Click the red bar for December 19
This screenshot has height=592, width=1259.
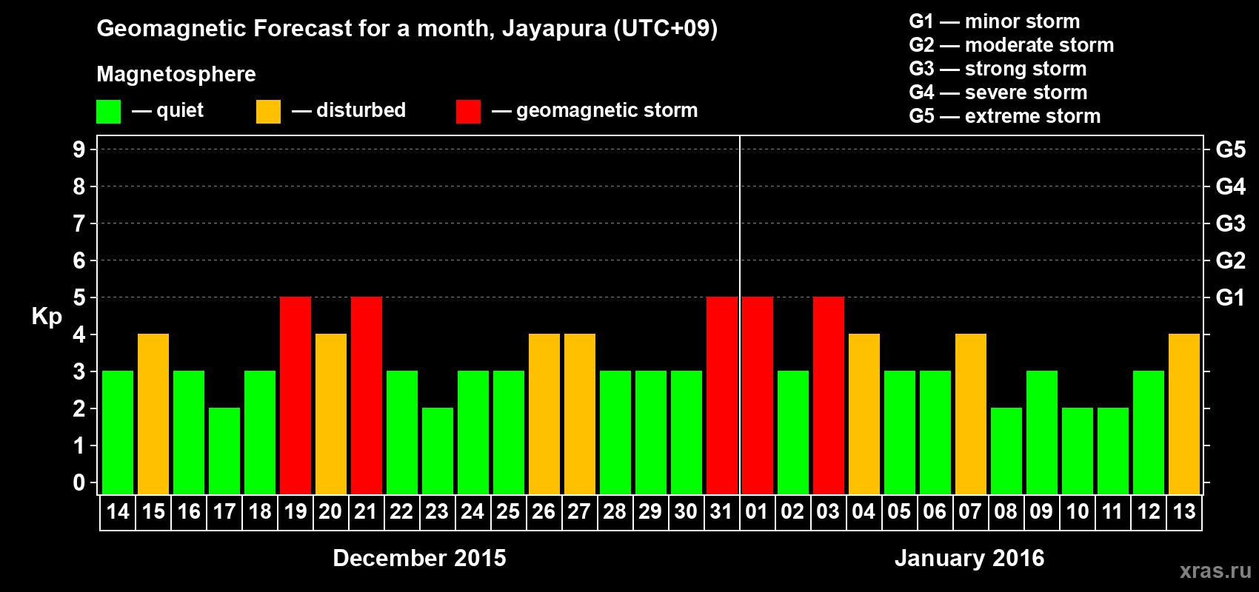[x=295, y=395]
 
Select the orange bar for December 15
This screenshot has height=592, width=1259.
[x=153, y=414]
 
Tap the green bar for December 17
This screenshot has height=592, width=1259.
[x=224, y=451]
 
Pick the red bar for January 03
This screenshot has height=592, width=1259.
[x=829, y=395]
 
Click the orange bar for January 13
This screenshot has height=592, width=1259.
[x=1184, y=414]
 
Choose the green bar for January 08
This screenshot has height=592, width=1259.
[x=1006, y=451]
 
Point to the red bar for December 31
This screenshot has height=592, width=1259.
[x=722, y=395]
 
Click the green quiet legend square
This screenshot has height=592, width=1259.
[x=109, y=112]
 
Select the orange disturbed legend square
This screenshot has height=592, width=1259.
[x=268, y=112]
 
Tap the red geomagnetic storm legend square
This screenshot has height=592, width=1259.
[x=468, y=112]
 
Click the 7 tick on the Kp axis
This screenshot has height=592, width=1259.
[x=79, y=223]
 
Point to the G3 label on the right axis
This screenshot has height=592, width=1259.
[x=1230, y=223]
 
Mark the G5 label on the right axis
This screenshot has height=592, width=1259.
[x=1230, y=149]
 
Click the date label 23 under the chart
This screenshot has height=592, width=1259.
[x=437, y=511]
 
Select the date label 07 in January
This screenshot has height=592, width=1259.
[x=970, y=511]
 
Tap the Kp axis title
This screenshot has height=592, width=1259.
[x=47, y=316]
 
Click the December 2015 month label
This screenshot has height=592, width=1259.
[x=419, y=558]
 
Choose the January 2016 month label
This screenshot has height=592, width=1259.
[x=969, y=558]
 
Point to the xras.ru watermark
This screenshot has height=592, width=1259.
[x=1215, y=571]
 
